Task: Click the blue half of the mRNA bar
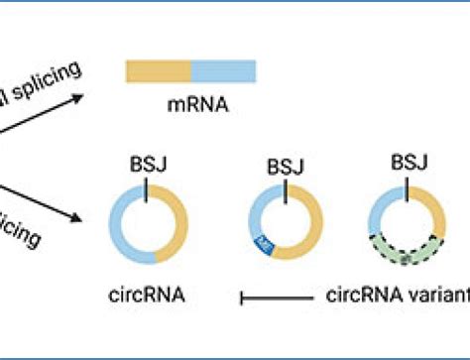pyautogui.click(x=223, y=70)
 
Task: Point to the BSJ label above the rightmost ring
pyautogui.click(x=406, y=163)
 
